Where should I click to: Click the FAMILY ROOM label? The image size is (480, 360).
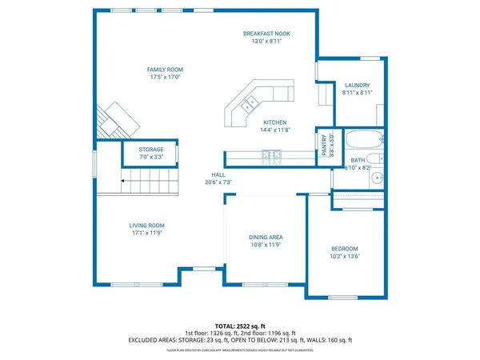pos(162,70)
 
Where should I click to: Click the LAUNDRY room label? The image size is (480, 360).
pos(357,85)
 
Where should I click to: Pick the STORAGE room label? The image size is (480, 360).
pos(151,150)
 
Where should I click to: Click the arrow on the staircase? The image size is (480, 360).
pos(122,182)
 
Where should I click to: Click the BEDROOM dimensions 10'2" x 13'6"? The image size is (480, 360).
pos(346,257)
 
